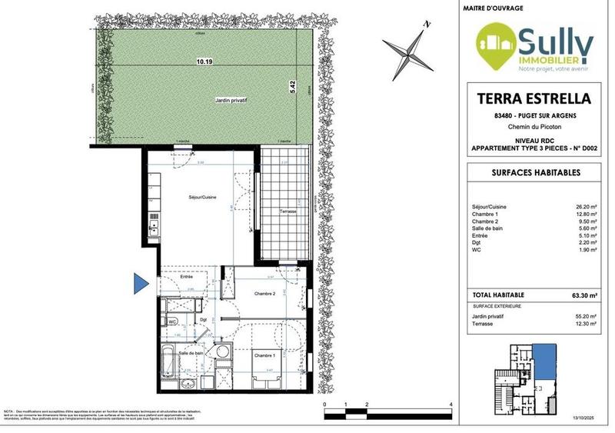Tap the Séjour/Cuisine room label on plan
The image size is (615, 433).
pyautogui.click(x=202, y=198)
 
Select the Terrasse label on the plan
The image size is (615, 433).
pyautogui.click(x=288, y=210)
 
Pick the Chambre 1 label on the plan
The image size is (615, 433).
pyautogui.click(x=264, y=355)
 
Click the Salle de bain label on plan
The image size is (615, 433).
pyautogui.click(x=191, y=352)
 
